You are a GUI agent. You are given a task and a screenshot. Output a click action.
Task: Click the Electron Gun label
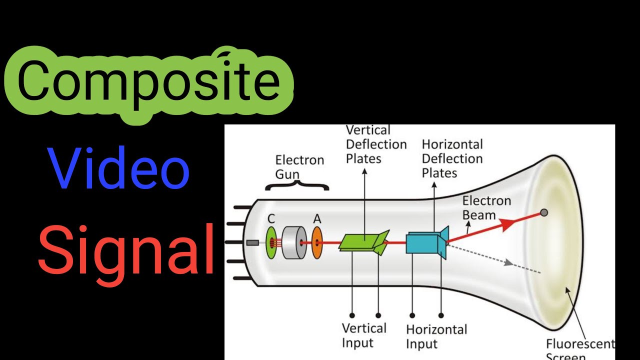tap(299, 167)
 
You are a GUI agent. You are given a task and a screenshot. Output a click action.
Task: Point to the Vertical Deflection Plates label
tap(376, 144)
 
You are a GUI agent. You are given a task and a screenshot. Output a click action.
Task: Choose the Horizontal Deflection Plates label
tap(452, 158)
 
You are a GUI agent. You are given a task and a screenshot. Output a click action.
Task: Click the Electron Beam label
tap(486, 208)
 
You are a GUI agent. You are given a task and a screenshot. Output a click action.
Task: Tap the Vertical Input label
tap(363, 335)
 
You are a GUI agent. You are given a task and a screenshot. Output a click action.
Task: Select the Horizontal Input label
tap(436, 336)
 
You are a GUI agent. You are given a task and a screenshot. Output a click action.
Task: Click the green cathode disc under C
tap(271, 243)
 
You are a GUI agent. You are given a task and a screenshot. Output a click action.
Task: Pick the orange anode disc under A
tap(317, 243)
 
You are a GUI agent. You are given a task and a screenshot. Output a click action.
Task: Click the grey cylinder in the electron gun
tap(294, 243)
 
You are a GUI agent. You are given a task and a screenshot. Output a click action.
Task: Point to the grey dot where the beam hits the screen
tap(544, 212)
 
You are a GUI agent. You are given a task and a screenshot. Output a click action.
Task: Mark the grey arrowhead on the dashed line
tap(509, 262)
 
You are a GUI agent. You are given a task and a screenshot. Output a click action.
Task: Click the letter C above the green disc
tap(271, 218)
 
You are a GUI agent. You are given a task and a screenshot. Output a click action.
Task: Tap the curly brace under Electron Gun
tap(296, 186)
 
